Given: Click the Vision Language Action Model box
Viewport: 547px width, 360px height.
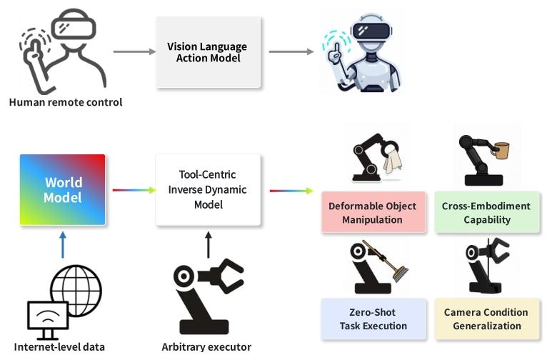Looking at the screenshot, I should pyautogui.click(x=206, y=51).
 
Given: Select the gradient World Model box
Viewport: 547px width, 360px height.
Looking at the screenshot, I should pyautogui.click(x=63, y=189).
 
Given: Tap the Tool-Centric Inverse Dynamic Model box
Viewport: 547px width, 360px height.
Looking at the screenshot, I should pyautogui.click(x=208, y=189).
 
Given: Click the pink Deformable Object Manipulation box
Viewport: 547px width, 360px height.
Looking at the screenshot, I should pyautogui.click(x=372, y=213).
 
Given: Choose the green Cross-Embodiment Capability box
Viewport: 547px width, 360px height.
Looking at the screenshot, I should pyautogui.click(x=486, y=213).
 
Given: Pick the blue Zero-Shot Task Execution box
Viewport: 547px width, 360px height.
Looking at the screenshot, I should pyautogui.click(x=372, y=319).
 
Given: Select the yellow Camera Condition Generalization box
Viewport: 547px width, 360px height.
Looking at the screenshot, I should pyautogui.click(x=486, y=319).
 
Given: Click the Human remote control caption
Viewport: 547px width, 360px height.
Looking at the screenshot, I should pyautogui.click(x=66, y=102).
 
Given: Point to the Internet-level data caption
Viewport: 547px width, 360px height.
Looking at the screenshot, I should pyautogui.click(x=60, y=347).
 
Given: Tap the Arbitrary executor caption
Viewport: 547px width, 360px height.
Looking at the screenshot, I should pyautogui.click(x=206, y=347).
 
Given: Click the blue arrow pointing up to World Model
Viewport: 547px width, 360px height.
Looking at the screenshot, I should pyautogui.click(x=63, y=244).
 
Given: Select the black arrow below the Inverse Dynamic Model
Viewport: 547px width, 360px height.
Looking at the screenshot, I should pyautogui.click(x=208, y=244).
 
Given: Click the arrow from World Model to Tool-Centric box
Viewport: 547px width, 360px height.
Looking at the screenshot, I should pyautogui.click(x=134, y=190).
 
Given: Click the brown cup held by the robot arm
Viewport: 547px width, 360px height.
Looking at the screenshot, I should pyautogui.click(x=502, y=151).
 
